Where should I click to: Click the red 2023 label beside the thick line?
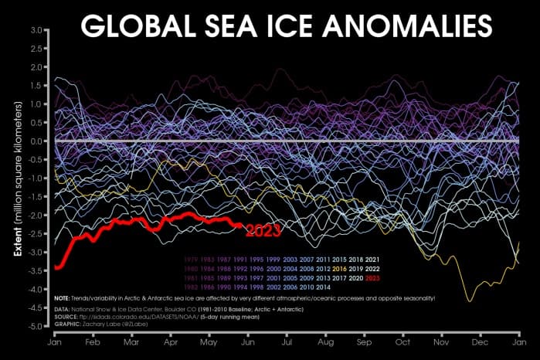[x=262, y=229]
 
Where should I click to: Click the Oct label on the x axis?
[x=402, y=341]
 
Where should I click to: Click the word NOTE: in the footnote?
[x=63, y=297]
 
